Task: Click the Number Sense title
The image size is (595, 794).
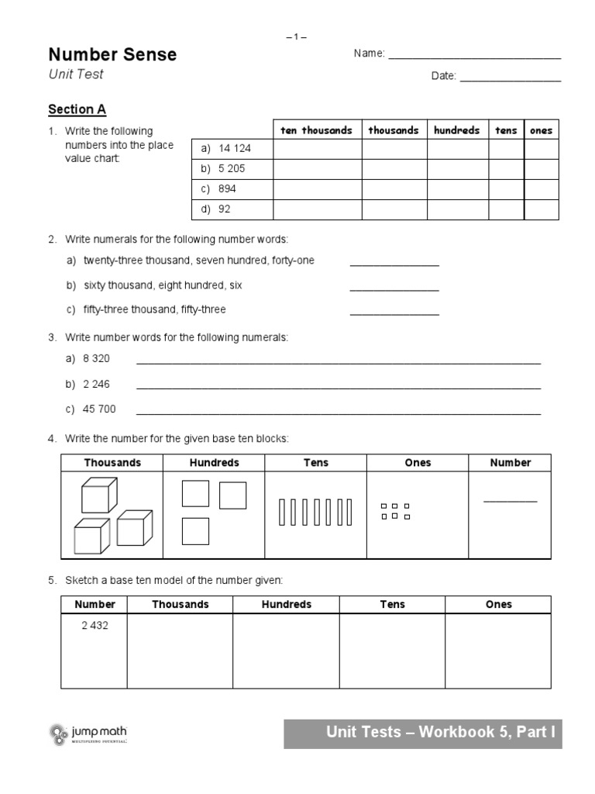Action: coord(112,54)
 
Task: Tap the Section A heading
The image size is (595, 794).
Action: coord(77,109)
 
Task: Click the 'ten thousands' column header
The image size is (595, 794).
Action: coord(316,130)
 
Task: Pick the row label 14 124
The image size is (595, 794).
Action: coord(235,149)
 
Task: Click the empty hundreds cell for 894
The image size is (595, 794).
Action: coord(457,189)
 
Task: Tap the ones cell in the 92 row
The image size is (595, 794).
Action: coord(541,209)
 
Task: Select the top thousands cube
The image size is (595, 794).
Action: coord(99,494)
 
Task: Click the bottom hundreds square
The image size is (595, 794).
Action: coord(195,531)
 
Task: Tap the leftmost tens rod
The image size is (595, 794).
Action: coord(281,513)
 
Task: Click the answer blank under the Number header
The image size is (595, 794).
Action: coord(510,501)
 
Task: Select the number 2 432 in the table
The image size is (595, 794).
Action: coord(95,626)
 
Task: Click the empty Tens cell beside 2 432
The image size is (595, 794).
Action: coord(391,651)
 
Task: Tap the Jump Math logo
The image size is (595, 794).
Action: coord(88,734)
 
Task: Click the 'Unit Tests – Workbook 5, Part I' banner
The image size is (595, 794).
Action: coord(422,733)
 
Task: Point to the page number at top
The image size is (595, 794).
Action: coord(297,36)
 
